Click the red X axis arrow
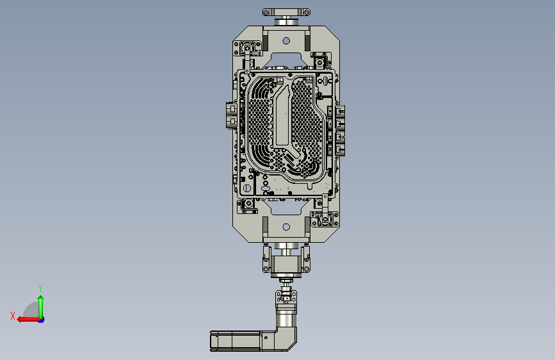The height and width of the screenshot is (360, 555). click(x=28, y=320)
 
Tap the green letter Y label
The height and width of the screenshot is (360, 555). click(x=40, y=288)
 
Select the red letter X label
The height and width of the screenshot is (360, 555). click(x=13, y=316)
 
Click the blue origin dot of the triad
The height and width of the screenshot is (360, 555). click(x=42, y=320)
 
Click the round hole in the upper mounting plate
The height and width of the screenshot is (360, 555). click(x=286, y=41)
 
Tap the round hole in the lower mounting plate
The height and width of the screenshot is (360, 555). click(x=286, y=227)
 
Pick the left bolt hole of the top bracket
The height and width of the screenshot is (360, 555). click(x=266, y=12)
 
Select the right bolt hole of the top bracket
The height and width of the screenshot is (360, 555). click(x=307, y=12)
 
